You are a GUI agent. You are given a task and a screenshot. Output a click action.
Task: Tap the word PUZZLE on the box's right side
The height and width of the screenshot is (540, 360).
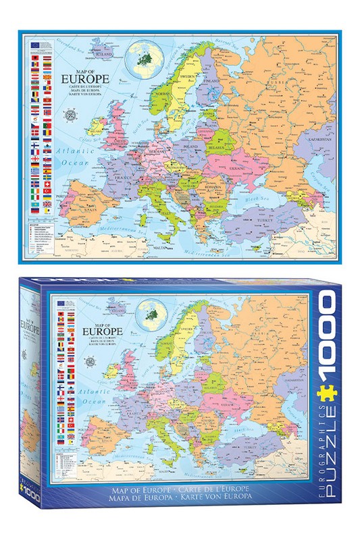(x=332, y=432)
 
